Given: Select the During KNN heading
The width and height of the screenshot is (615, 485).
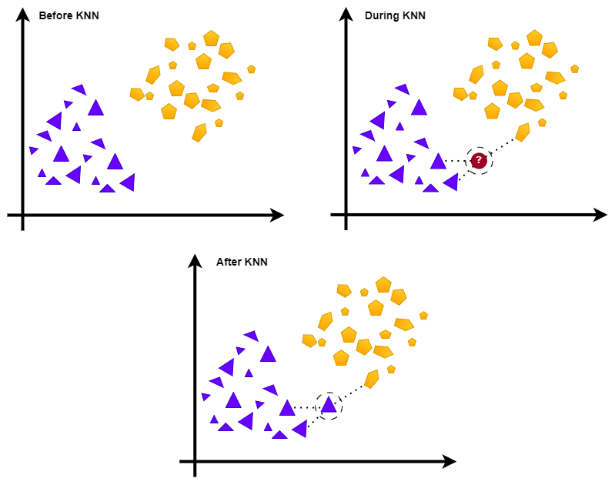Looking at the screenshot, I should (x=395, y=15).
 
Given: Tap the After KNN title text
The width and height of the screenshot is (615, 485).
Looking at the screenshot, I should (x=242, y=262).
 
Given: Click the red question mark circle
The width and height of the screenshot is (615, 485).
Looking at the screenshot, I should (x=479, y=160).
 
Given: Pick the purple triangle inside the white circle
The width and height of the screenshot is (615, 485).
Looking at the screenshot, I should (x=329, y=405).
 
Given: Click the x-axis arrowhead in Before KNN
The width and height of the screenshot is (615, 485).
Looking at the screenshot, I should (x=278, y=216).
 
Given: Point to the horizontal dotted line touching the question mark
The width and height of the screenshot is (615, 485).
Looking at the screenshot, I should (x=456, y=161).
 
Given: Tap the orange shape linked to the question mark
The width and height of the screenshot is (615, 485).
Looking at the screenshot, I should (x=523, y=132).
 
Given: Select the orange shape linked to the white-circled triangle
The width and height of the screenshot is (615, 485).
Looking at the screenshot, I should (x=372, y=378).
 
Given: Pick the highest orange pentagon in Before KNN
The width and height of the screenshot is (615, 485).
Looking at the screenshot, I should (x=212, y=38).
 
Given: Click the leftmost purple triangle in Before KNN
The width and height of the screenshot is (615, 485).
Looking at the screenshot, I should (x=33, y=150).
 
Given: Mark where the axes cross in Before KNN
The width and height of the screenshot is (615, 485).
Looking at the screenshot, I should (x=23, y=216).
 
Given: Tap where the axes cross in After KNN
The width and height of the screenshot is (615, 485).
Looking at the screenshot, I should (x=196, y=462).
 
